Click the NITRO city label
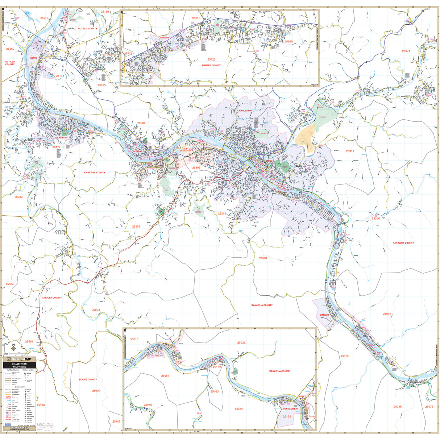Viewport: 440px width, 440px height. point(34,58)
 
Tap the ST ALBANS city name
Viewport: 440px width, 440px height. point(61,138)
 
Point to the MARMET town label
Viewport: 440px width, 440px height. point(324,315)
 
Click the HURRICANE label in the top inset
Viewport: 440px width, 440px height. point(165,38)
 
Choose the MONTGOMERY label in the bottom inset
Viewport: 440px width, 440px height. point(290,409)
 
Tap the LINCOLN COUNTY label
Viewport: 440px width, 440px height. point(52,298)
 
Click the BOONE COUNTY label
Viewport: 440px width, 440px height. point(88,379)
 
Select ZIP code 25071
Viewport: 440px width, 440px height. point(406,51)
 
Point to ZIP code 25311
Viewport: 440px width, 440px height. point(350,151)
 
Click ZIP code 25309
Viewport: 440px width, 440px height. point(136,227)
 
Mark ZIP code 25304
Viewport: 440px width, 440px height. point(263,258)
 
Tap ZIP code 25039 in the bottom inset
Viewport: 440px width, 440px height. point(241,343)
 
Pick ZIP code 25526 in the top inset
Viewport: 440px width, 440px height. point(211,59)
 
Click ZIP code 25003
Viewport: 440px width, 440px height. point(96,310)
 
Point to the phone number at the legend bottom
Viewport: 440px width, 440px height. point(20,428)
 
